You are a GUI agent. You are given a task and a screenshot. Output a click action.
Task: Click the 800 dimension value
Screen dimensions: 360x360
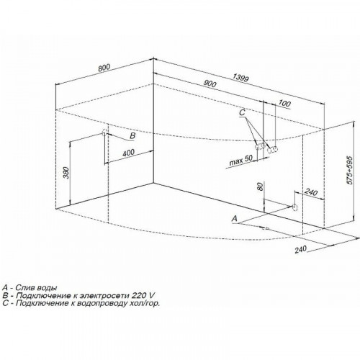pos(104,68)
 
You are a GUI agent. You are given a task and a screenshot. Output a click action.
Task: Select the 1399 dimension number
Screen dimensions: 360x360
pos(240,78)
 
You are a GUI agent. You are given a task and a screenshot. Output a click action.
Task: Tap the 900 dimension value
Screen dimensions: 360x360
pos(210,83)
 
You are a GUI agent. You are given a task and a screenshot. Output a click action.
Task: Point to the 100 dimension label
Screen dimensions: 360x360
pos(284,104)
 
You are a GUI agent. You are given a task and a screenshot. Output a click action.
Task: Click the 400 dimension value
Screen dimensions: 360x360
pos(128,153)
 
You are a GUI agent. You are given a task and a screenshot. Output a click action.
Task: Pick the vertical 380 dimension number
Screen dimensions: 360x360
pos(67,173)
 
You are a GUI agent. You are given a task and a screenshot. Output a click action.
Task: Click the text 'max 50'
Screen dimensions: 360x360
pos(240,160)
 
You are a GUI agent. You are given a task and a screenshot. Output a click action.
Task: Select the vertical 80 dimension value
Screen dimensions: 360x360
pos(260,186)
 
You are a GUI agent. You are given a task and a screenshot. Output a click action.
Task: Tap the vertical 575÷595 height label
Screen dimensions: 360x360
pos(350,170)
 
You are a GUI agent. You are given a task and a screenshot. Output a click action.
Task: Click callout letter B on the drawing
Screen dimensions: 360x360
pos(132,135)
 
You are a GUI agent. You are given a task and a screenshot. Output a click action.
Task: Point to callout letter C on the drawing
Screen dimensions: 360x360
pos(242,112)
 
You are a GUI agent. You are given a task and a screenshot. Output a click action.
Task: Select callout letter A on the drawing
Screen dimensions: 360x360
pos(235,218)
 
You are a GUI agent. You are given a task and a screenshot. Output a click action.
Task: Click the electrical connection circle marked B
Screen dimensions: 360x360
pos(104,132)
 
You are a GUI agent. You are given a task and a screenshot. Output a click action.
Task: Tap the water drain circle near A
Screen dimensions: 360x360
pos(294,207)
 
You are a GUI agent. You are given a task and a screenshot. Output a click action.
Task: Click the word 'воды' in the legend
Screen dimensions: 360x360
pos(48,287)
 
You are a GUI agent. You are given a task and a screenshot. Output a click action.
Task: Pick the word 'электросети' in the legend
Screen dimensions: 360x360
pos(105,295)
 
